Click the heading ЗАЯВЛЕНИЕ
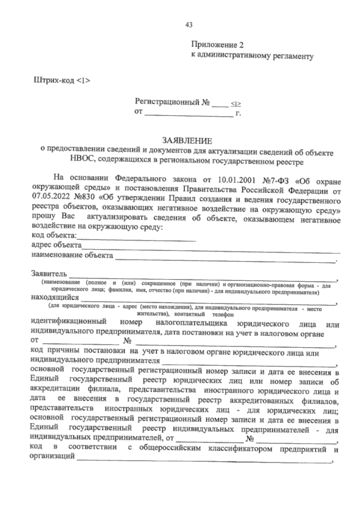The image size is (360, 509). click(x=187, y=140)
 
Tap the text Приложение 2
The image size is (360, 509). click(x=217, y=45)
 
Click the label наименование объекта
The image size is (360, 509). click(x=72, y=256)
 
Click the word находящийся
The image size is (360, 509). click(x=55, y=298)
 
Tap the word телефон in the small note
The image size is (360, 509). click(x=223, y=315)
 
